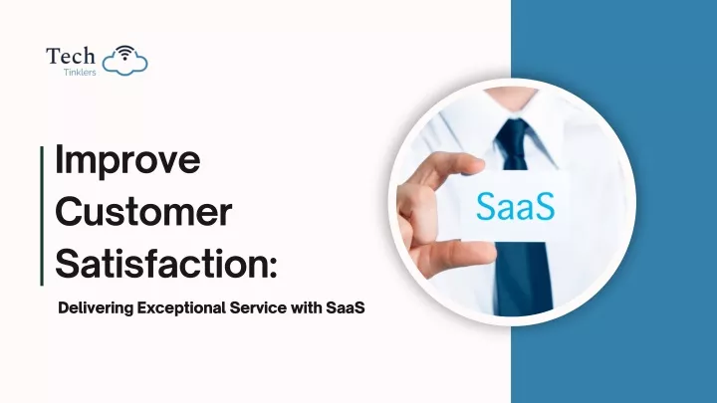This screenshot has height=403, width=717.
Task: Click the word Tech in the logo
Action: pos(71,56)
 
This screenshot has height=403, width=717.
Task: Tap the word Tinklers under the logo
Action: pos(80,73)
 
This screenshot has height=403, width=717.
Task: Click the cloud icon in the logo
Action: pos(124,62)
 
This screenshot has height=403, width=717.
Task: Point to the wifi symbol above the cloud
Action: pos(124,52)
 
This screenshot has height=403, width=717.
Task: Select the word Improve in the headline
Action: pos(127,160)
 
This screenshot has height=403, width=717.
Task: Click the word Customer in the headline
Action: pos(143,212)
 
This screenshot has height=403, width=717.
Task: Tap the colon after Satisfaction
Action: pos(274,268)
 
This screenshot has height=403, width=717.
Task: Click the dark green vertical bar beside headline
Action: pos(42,216)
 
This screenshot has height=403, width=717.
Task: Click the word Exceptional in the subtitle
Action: pos(182,307)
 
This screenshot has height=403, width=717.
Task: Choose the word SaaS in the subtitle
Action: pos(346,307)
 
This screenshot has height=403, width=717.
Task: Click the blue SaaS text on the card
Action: pos(516,206)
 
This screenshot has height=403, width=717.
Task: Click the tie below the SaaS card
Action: pos(523,279)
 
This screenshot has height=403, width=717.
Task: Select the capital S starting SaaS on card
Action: pos(485,206)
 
